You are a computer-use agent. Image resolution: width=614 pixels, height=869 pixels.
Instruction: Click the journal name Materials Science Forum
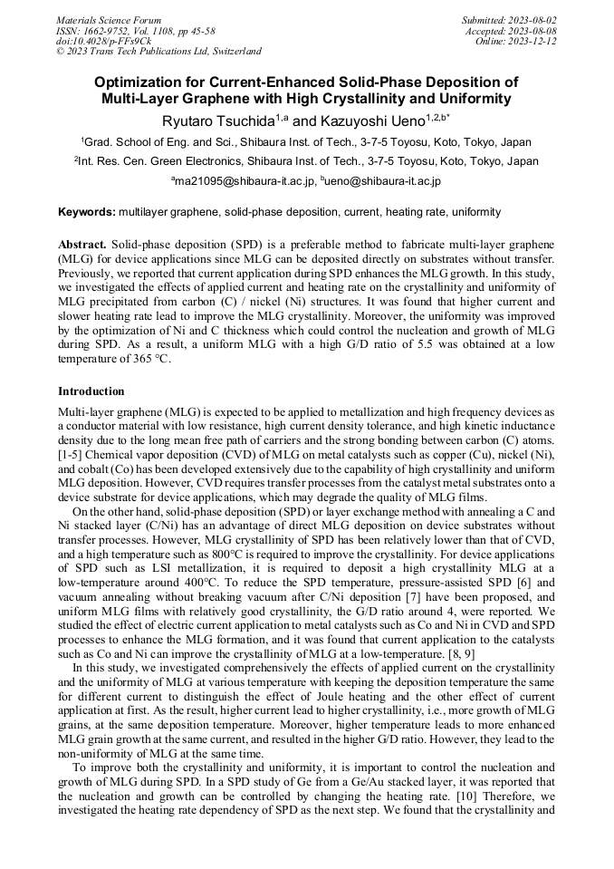[109, 20]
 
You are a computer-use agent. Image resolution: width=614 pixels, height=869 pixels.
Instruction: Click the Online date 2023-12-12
[538, 41]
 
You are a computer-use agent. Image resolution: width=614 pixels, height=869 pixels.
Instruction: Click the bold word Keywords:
[87, 212]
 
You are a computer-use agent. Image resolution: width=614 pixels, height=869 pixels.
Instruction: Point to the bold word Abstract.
[82, 246]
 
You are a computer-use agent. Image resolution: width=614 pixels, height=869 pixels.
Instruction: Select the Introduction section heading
[91, 391]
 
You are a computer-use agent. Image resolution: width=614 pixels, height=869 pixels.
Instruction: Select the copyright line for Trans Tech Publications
[158, 52]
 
